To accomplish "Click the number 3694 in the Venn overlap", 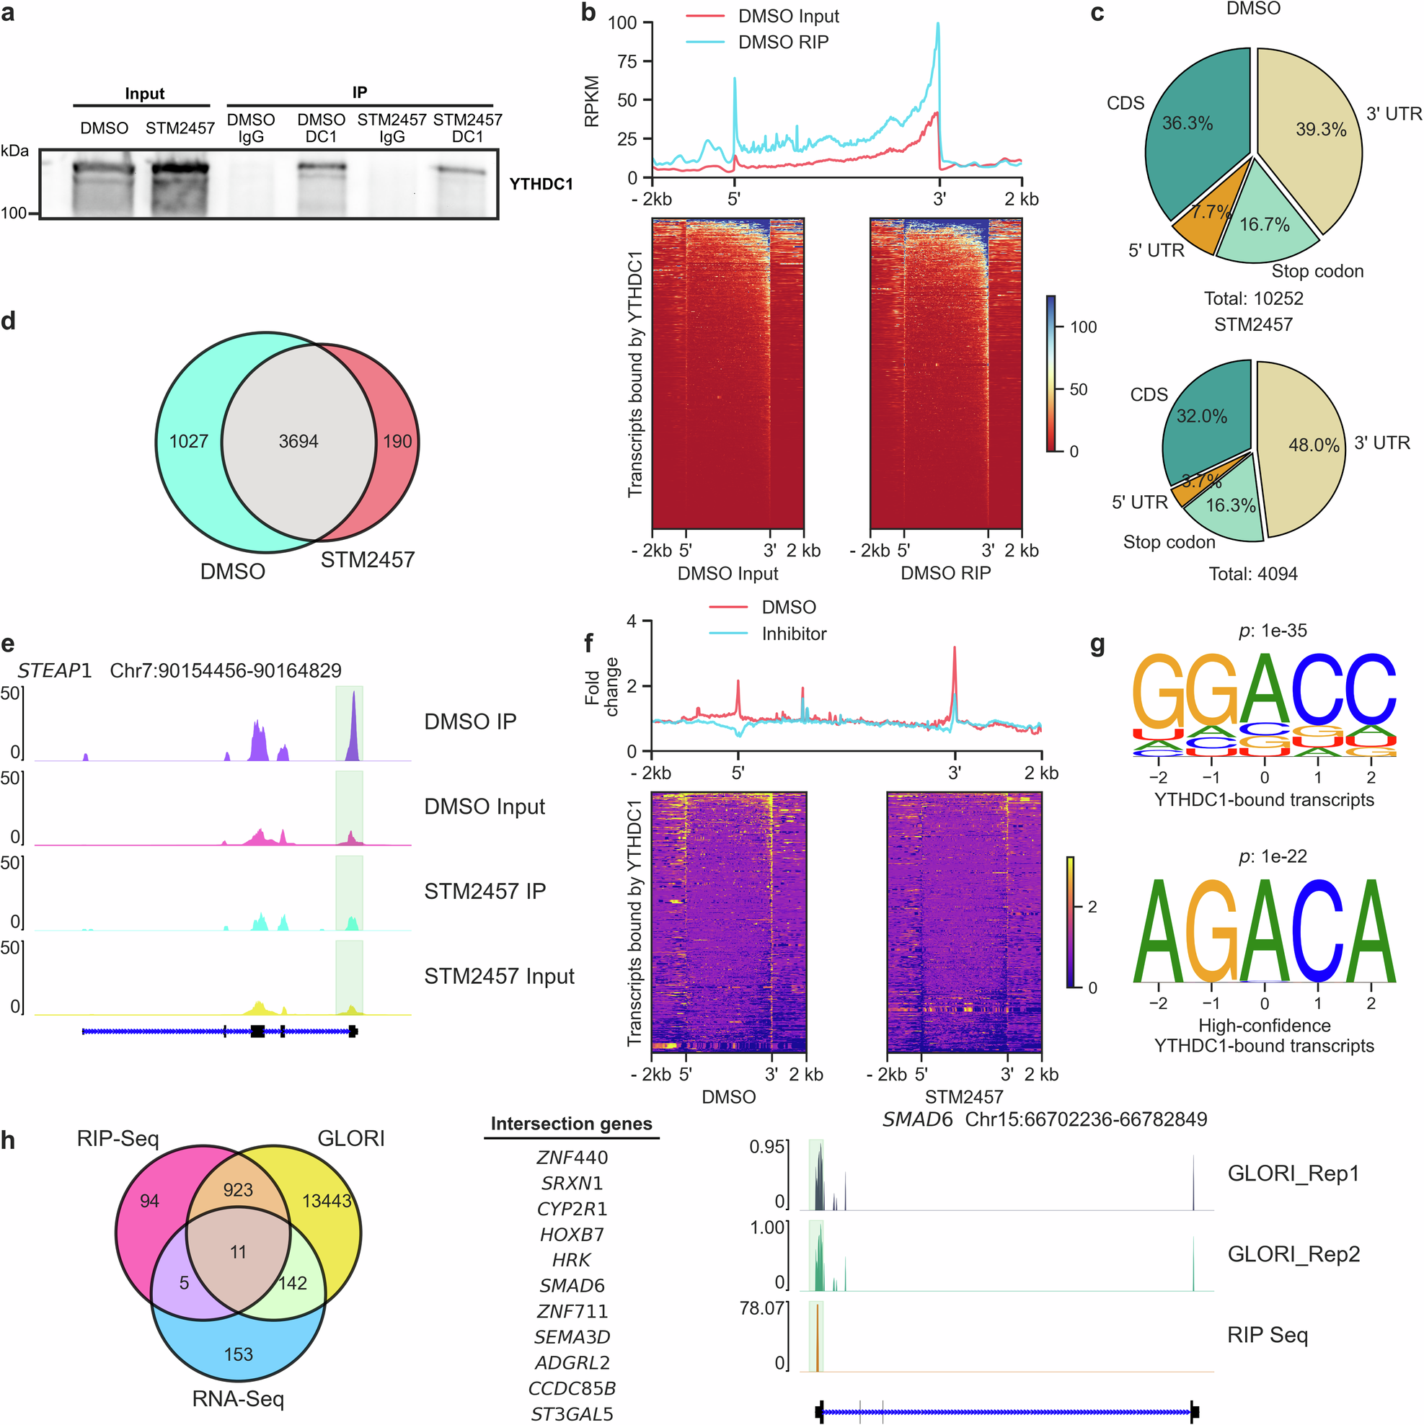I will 298,441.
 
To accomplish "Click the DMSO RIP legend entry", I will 783,42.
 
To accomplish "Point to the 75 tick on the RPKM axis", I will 627,61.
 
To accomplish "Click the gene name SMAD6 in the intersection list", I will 572,1286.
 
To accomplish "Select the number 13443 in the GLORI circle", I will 326,1201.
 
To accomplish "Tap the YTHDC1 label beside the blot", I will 541,184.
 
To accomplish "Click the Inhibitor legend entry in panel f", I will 794,634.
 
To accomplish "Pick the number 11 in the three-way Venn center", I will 238,1252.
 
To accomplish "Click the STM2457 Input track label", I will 499,976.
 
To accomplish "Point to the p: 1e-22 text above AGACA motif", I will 1272,856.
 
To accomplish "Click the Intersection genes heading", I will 571,1123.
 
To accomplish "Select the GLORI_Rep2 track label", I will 1293,1254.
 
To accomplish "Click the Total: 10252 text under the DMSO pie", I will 1253,298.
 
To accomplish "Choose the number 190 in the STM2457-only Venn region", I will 397,441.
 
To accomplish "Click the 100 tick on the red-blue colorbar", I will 1083,327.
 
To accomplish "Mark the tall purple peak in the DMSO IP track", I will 353,723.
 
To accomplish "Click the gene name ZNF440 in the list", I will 572,1158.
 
